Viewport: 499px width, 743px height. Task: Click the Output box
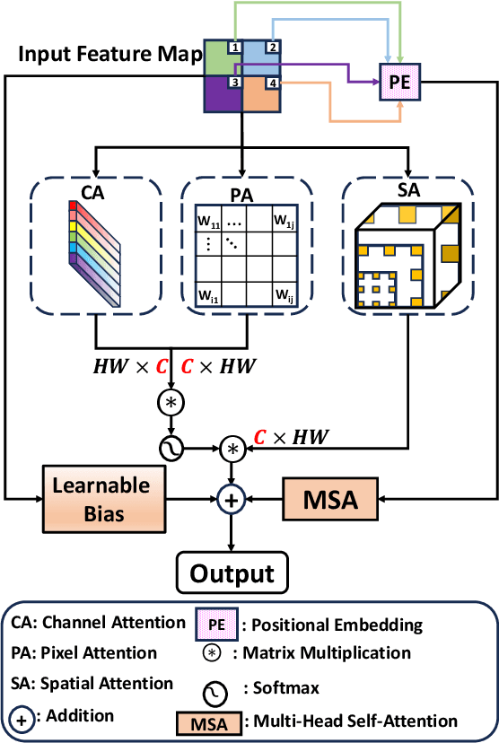pyautogui.click(x=232, y=572)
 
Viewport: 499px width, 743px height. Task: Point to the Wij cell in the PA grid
pyautogui.click(x=284, y=294)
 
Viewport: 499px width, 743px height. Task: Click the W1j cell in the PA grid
pyautogui.click(x=284, y=219)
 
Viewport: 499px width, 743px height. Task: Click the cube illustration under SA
pyautogui.click(x=408, y=255)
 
